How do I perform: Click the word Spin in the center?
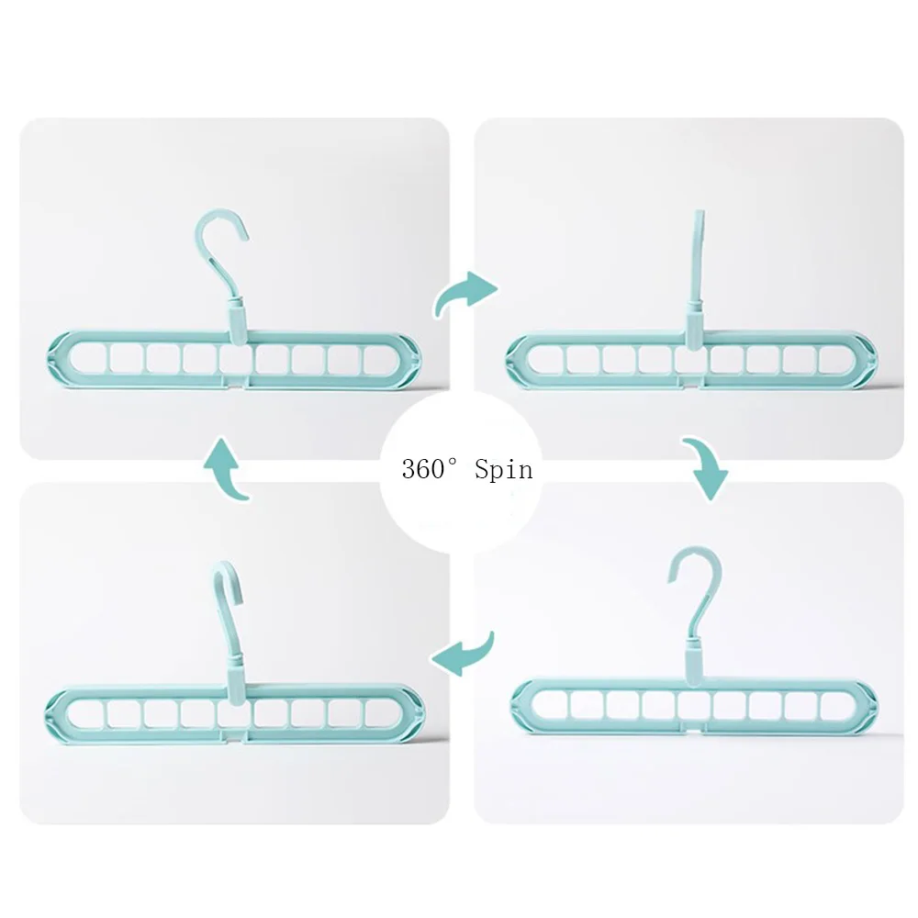click(504, 471)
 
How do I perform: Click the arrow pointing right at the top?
click(465, 294)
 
